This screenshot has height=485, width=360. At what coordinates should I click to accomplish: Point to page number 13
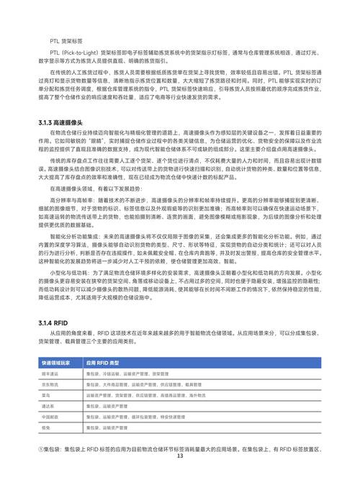coord(180,476)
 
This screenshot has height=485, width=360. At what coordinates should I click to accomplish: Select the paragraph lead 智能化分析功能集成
coord(75,235)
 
